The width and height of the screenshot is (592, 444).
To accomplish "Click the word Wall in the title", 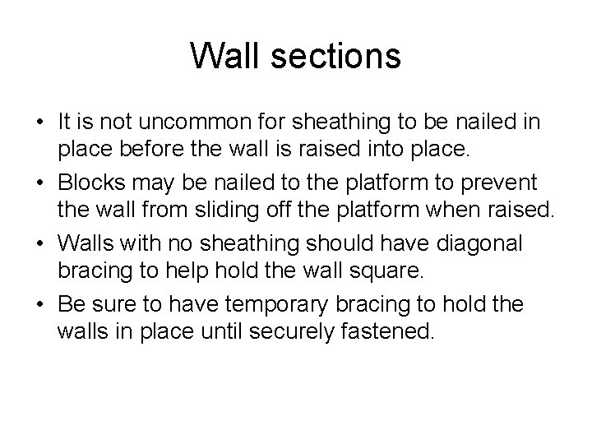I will click(224, 56).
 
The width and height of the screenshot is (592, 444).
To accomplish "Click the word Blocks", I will click(90, 181).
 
